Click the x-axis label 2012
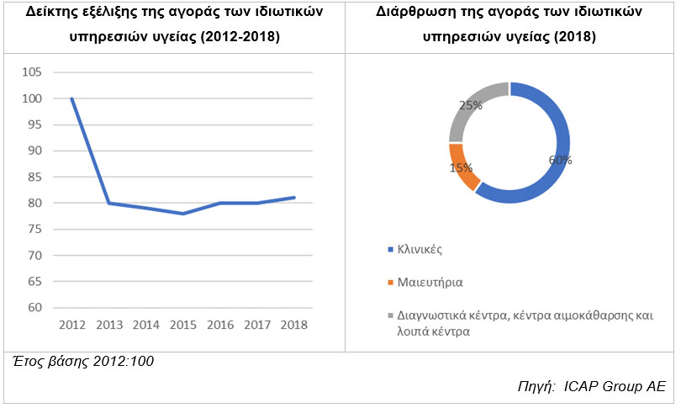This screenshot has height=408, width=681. coord(72,325)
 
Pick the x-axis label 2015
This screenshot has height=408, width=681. coord(183,325)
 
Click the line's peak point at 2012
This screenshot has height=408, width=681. coord(72,98)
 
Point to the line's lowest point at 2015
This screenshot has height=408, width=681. coord(183,214)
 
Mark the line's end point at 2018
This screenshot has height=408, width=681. coord(294,198)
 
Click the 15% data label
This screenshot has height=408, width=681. coord(461,167)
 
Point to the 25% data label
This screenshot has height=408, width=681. coord(470,105)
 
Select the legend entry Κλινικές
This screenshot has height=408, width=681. coord(420,250)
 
